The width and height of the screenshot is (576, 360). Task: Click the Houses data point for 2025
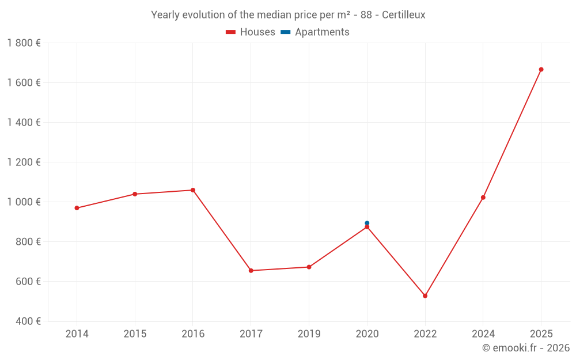pos(541,70)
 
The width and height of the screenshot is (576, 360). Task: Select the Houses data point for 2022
pos(425,296)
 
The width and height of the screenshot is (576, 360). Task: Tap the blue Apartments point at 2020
pos(367,223)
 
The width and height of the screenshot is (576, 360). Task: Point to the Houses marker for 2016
pos(193,190)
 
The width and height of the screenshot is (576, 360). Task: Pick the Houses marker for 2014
pos(77,208)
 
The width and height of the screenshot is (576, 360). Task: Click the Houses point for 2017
pos(251,271)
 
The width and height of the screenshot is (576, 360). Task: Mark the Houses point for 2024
pos(483,198)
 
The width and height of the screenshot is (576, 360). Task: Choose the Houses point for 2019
pos(309,267)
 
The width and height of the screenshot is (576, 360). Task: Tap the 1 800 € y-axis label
pos(24,43)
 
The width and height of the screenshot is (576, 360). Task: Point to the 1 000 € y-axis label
pos(24,202)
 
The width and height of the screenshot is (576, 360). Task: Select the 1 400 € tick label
pos(24,123)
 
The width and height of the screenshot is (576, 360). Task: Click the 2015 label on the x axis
pos(135,334)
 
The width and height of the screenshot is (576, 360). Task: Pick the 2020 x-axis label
pos(367,334)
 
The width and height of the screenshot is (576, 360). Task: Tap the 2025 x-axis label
pos(541,334)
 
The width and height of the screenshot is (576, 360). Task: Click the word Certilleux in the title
pos(403,15)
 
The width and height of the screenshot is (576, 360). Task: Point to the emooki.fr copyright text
pos(526,348)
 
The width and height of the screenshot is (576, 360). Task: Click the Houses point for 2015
pos(135,194)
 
